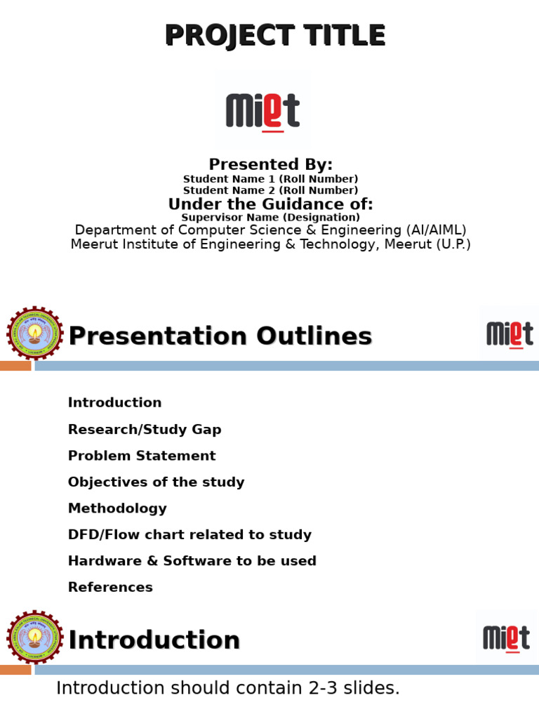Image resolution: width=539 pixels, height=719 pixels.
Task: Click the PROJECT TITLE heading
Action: click(275, 36)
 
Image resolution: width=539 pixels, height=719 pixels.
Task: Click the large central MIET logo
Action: click(262, 111)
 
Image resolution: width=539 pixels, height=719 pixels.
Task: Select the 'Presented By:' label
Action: click(270, 165)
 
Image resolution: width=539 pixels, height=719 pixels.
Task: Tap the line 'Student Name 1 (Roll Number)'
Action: click(270, 180)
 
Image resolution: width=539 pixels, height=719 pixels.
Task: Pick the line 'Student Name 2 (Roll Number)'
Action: click(270, 191)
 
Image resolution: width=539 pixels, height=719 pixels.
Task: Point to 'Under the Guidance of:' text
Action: click(270, 204)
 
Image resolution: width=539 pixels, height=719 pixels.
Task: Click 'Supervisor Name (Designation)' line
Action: click(270, 218)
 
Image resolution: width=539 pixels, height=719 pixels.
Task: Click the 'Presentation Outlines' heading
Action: click(220, 337)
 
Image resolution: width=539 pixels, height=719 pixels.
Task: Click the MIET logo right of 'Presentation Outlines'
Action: click(509, 334)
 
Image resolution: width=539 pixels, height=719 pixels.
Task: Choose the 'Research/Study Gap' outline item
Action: click(144, 430)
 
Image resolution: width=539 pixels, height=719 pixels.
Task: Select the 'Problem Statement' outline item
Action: click(141, 456)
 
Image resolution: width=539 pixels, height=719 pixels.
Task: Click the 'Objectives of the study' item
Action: click(156, 482)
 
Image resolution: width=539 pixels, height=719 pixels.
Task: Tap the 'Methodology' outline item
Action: click(117, 508)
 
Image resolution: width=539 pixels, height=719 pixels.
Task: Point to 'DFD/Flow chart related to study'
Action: click(189, 535)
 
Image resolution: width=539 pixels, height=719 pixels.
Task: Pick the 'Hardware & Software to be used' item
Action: click(192, 561)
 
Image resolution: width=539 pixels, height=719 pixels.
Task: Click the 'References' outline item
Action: click(110, 588)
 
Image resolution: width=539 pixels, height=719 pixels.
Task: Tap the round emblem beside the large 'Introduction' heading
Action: click(34, 638)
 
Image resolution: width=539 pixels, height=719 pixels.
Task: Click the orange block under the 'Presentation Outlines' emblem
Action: click(15, 366)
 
